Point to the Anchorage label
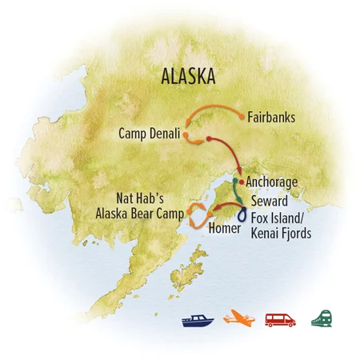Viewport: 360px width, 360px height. click(272, 182)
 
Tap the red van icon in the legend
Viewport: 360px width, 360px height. click(281, 320)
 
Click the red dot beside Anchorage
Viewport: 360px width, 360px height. click(241, 182)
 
